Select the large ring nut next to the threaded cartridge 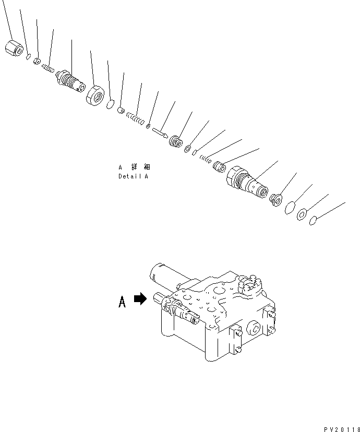pos(95,95)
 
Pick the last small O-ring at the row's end pos(313,222)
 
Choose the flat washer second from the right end pos(302,214)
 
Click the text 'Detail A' pos(133,176)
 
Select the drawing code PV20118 pos(339,429)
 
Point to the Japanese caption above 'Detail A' pos(134,167)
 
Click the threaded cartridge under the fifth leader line pos(73,81)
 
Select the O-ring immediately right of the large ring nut pos(110,105)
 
